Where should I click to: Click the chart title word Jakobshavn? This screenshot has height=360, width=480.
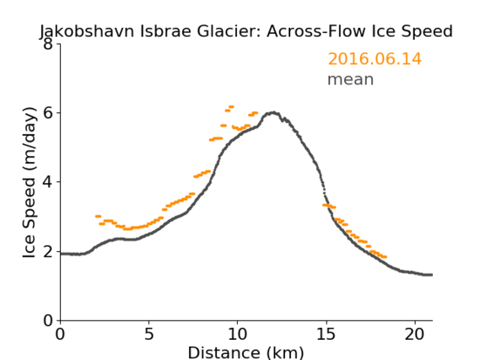[87, 32]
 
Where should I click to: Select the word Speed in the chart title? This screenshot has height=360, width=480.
[428, 32]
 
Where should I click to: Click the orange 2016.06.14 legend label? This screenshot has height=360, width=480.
[375, 59]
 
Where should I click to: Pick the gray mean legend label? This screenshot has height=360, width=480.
[351, 79]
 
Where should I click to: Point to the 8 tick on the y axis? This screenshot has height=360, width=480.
[48, 45]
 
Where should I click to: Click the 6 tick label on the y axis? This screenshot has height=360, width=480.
[48, 113]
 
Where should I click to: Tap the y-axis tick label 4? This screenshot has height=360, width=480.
[48, 182]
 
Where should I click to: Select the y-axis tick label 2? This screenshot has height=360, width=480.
[48, 252]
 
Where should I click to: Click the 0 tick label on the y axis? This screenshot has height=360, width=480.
[48, 321]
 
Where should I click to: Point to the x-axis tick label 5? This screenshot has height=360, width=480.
[148, 335]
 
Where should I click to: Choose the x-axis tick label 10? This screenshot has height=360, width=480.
[238, 335]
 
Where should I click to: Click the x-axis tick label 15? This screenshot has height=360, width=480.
[326, 335]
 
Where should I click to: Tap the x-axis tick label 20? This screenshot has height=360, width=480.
[415, 335]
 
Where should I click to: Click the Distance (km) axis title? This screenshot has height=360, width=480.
[245, 352]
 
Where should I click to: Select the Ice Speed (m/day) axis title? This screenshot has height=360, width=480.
[30, 183]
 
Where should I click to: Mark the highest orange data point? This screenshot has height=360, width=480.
[231, 107]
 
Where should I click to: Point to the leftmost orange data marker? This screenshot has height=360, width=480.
[98, 216]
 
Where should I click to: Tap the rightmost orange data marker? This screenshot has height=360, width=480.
[385, 257]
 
